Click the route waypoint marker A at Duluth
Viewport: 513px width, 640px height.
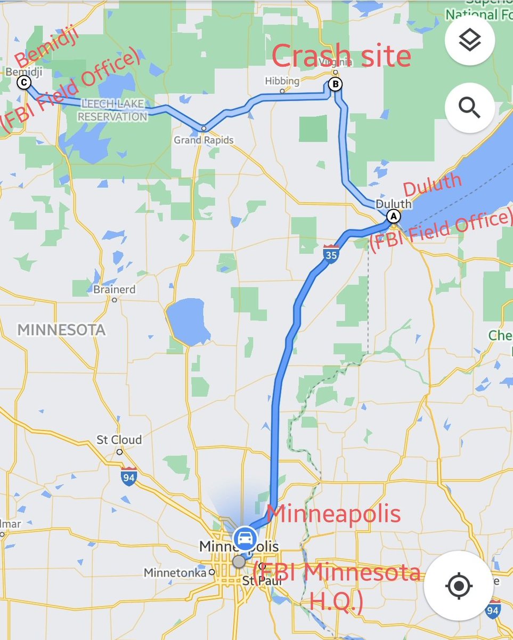coord(393,216)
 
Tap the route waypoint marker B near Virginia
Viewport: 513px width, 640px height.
coord(336,84)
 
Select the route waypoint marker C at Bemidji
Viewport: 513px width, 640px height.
coord(23,82)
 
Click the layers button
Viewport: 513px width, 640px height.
coord(469,40)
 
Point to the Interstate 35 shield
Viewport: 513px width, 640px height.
coord(331,254)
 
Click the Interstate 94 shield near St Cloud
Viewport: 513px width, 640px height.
coord(128,476)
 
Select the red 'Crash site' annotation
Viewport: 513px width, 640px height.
coord(341,55)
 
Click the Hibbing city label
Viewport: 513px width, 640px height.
coord(282,81)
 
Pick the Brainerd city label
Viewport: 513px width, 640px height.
coord(115,290)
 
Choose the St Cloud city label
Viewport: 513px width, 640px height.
coord(119,440)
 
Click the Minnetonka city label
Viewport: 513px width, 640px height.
coord(175,573)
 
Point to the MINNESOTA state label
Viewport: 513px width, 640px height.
coord(61,330)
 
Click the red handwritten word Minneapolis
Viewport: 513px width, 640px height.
coord(333,514)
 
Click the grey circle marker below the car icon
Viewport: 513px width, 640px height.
coord(239,562)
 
